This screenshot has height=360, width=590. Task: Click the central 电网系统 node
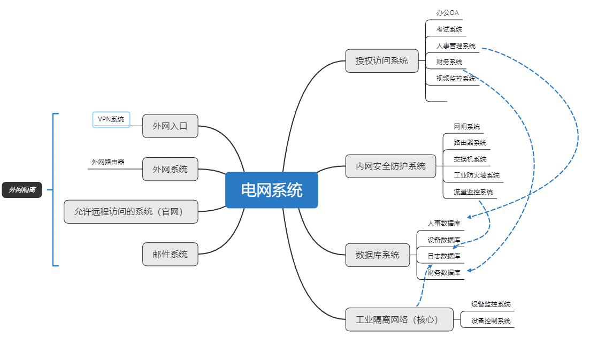coord(271,190)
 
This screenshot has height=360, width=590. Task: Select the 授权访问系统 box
coord(381,60)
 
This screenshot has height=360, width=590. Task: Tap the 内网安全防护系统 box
coord(390,166)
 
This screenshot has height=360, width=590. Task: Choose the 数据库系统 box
coord(377,255)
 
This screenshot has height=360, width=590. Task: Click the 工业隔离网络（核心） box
coord(399,319)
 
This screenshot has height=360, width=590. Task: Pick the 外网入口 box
coord(170,126)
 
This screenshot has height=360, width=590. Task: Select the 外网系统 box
coord(170,169)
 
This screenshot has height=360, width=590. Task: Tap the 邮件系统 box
coord(170,255)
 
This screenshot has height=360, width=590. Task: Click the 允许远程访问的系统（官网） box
coord(131,212)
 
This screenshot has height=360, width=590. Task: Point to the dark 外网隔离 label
coord(22,190)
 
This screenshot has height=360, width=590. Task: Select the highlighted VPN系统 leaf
coord(111,119)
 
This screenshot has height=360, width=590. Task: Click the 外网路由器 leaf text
coord(108,162)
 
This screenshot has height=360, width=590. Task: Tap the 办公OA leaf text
coord(447,13)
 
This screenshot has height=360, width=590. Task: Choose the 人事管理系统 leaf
coord(455,46)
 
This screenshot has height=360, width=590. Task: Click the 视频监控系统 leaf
coord(455,79)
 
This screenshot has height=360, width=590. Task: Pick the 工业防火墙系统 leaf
coord(476,175)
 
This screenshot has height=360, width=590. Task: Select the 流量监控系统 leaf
coord(473,192)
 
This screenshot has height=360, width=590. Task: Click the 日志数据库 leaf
coord(443,256)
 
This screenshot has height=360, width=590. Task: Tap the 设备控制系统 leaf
coord(491,321)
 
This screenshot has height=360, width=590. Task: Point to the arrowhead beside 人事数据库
coord(469,217)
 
